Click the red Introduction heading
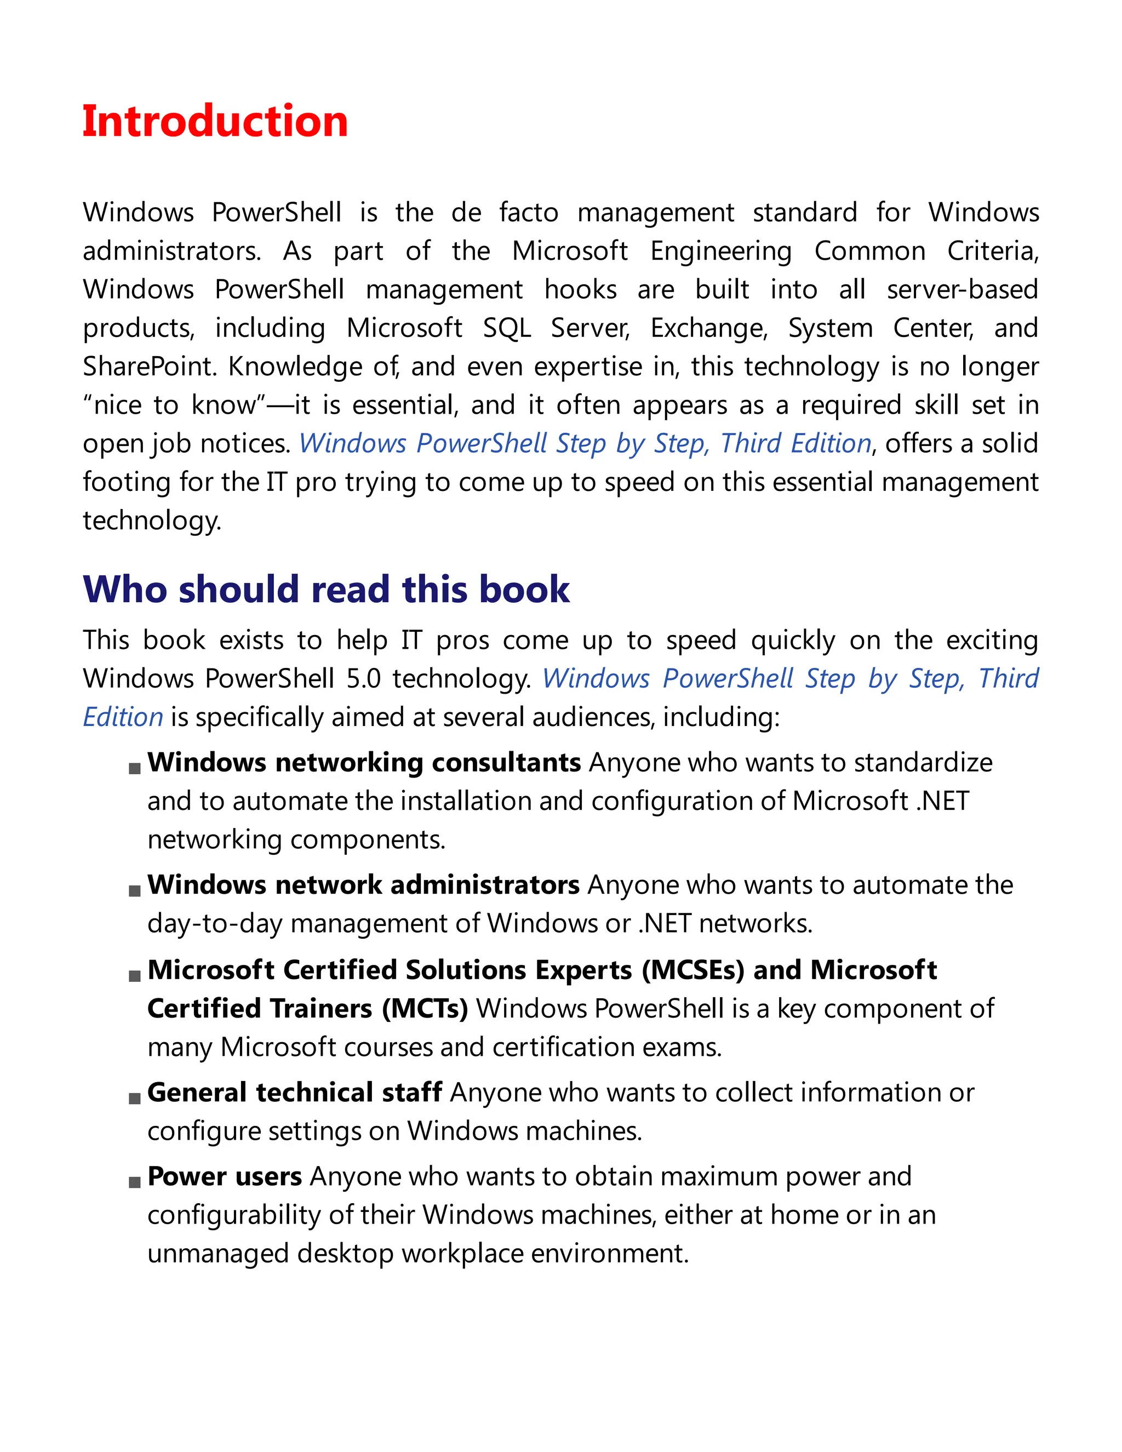click(x=215, y=122)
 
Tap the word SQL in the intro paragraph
click(x=507, y=328)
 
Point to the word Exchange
click(x=708, y=328)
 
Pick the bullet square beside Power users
click(x=134, y=1182)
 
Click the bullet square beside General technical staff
click(x=134, y=1098)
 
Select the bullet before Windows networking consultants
click(x=134, y=769)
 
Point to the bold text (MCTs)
click(x=425, y=1009)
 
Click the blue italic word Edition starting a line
click(x=123, y=717)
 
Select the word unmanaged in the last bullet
click(x=218, y=1253)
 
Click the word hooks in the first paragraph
click(x=580, y=290)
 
